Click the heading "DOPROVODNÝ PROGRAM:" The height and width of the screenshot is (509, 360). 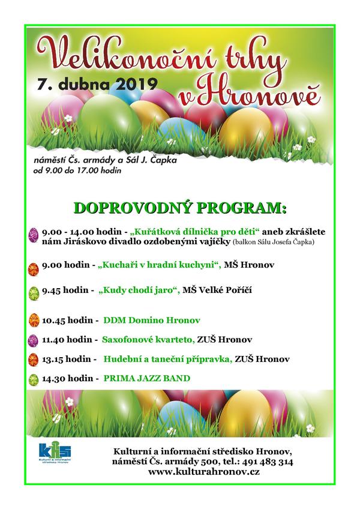click(x=179, y=208)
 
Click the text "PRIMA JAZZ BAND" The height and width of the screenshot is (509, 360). click(x=147, y=379)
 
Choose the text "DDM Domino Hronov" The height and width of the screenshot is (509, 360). click(x=151, y=319)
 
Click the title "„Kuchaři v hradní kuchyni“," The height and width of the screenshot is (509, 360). click(x=160, y=264)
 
